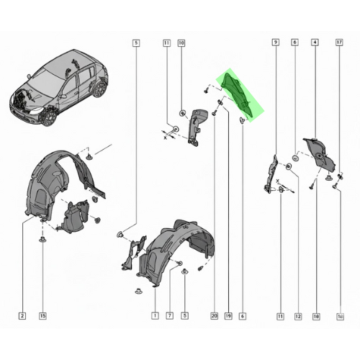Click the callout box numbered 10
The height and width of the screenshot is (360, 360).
point(181,43)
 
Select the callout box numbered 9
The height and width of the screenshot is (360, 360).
point(276,42)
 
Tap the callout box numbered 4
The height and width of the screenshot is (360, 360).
point(315,42)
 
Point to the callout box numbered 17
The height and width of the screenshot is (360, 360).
point(339,42)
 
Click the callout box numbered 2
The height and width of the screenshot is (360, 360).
point(22,315)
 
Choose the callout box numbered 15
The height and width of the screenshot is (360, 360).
point(42,315)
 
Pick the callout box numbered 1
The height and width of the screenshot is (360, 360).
point(155,315)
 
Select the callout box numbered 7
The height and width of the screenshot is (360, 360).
point(169,315)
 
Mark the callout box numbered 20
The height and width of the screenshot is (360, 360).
point(214,316)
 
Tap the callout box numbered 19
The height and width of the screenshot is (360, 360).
point(228,316)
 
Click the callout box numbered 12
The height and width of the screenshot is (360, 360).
point(298,316)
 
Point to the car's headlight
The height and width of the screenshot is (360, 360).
point(36,111)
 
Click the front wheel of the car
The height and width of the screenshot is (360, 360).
point(50,118)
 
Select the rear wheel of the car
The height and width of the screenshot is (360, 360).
point(100,89)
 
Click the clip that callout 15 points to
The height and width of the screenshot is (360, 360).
point(42,239)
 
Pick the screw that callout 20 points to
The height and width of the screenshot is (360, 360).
point(215,112)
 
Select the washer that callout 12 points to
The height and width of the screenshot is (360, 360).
point(289,166)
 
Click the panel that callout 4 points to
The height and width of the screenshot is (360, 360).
point(319,153)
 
